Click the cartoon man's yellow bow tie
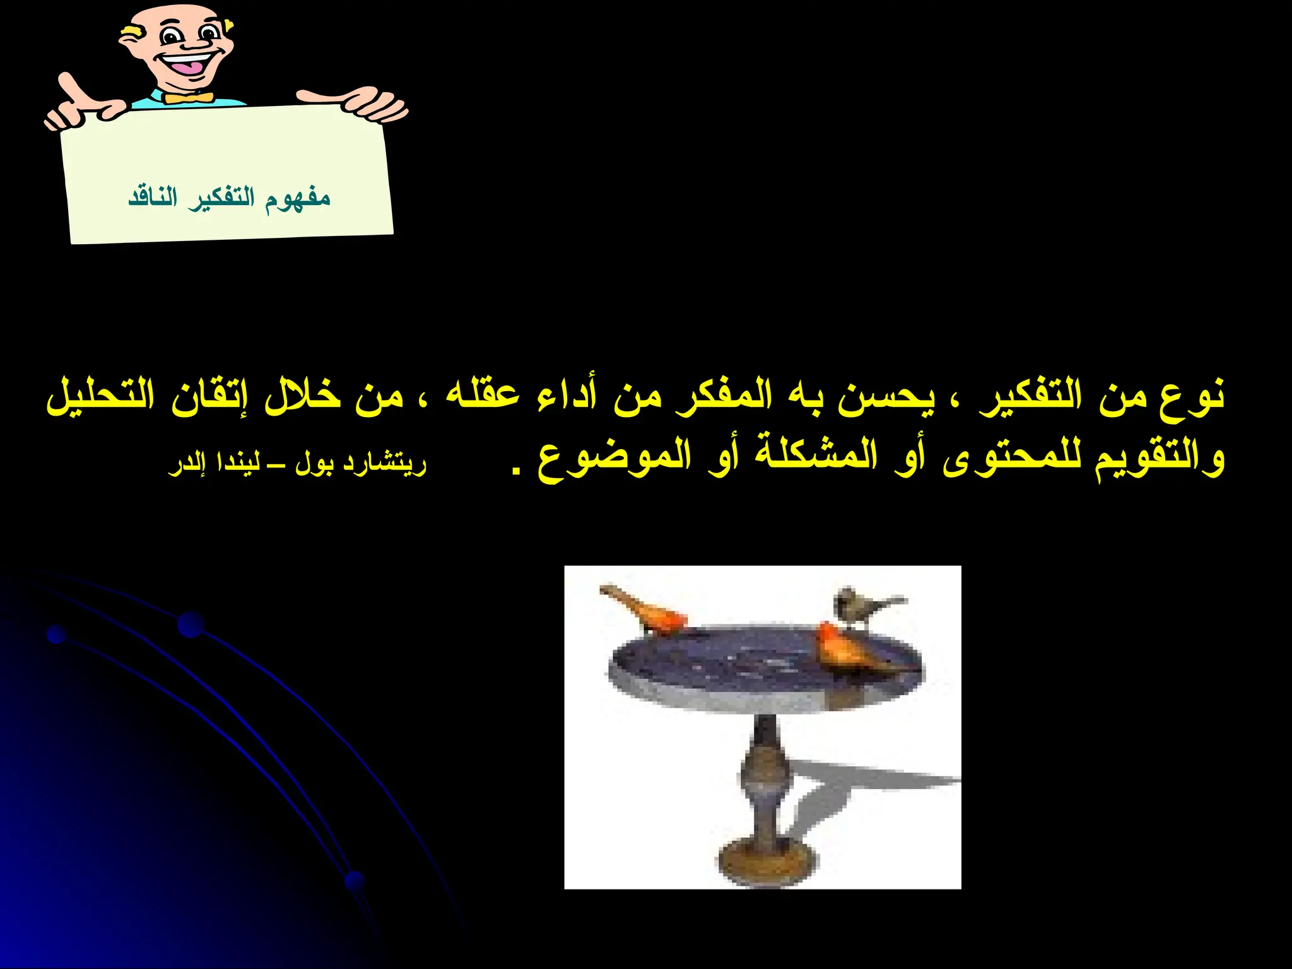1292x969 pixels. tap(187, 98)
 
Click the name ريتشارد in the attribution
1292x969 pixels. tap(385, 464)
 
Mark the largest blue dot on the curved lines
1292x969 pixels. tap(191, 625)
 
